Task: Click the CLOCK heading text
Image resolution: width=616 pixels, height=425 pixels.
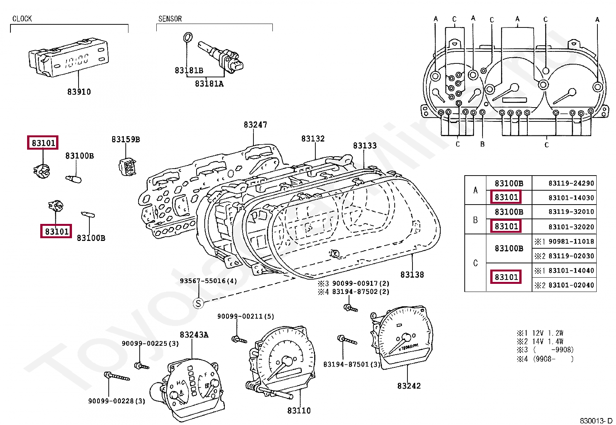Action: (22, 19)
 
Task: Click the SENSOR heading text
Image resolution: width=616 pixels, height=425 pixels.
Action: (170, 19)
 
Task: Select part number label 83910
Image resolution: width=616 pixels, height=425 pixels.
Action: (79, 92)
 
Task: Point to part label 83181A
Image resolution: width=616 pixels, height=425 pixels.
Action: (209, 84)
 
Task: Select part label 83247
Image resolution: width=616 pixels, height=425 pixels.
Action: (255, 125)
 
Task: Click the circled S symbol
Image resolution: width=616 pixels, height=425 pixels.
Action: (198, 303)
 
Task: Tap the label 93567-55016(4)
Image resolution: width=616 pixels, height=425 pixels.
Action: (208, 281)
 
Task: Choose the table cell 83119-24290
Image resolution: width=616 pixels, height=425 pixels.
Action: (571, 183)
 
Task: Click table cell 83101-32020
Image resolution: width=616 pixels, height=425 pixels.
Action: (571, 227)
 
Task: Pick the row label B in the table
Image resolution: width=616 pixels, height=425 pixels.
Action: (475, 220)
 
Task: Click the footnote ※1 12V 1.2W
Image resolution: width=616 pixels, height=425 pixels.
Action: (540, 333)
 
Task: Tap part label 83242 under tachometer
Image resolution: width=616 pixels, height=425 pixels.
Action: (409, 386)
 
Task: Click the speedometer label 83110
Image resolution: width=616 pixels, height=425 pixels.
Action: (299, 411)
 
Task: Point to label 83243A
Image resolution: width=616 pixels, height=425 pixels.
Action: (194, 335)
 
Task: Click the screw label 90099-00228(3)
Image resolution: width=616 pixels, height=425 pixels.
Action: (116, 401)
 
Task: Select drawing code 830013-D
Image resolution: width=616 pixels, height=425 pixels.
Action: (596, 421)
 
